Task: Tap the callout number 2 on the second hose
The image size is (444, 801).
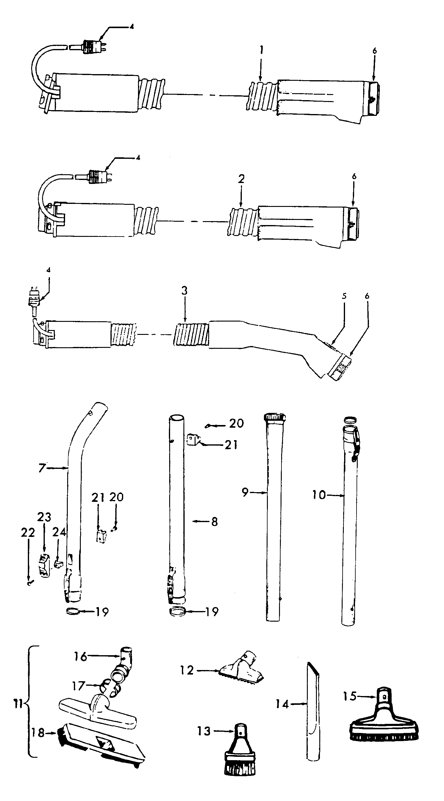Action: click(241, 179)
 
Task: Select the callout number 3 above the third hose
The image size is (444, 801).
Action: click(185, 291)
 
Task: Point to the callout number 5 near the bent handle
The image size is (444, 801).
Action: click(344, 296)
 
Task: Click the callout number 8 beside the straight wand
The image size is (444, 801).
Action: click(214, 521)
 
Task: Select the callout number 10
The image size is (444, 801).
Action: click(319, 495)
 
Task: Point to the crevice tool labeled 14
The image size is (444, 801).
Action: click(313, 712)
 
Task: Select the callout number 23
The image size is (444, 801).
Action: click(44, 517)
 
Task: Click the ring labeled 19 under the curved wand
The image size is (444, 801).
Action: click(72, 611)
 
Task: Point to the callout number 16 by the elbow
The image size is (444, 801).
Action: click(80, 656)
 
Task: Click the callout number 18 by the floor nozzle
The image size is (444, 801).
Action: click(38, 733)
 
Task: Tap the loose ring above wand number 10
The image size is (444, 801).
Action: click(350, 420)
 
